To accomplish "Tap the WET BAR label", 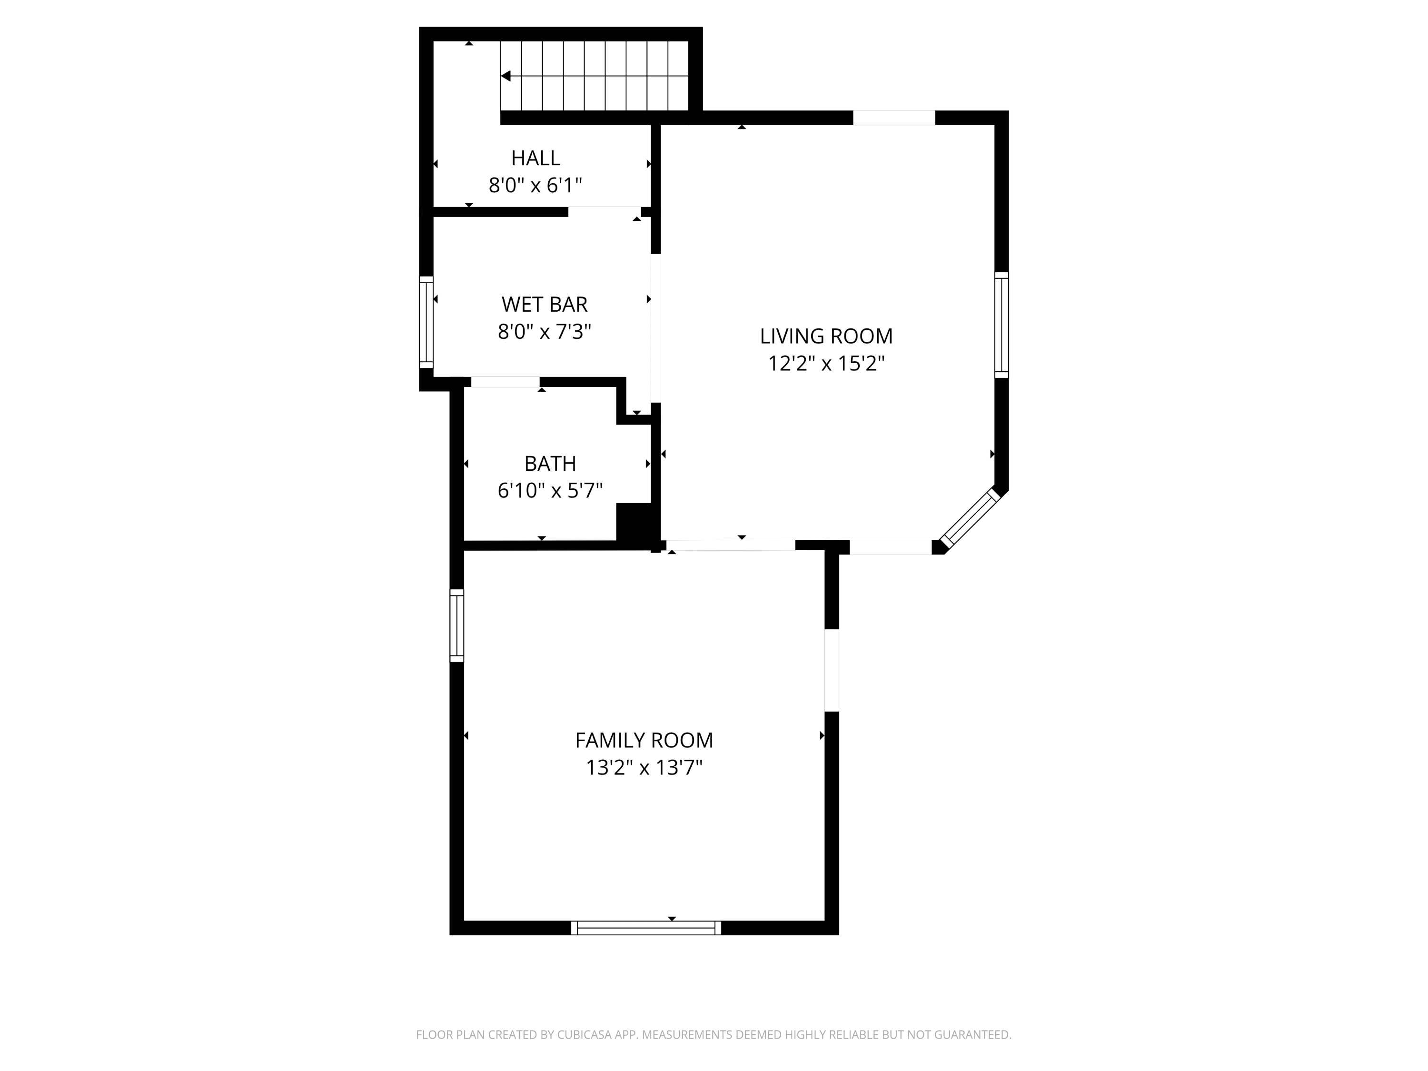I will pos(544,304).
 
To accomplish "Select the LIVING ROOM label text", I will pos(826,337).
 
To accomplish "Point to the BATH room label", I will pos(550,464).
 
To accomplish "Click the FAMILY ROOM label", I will pos(644,740).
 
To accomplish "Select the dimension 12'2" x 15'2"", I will pos(826,364).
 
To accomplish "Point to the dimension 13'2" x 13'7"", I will pos(644,768).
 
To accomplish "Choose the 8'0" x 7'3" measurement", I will pos(544,332).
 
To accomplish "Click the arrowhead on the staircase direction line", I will pos(506,76).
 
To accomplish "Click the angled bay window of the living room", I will pos(970,518).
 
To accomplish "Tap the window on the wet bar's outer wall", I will pos(426,322).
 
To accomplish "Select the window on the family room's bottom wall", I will pos(646,928).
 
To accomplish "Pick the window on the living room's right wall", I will pos(1002,325).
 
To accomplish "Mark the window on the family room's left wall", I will pos(456,625).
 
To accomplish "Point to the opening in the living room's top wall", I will pos(894,118).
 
